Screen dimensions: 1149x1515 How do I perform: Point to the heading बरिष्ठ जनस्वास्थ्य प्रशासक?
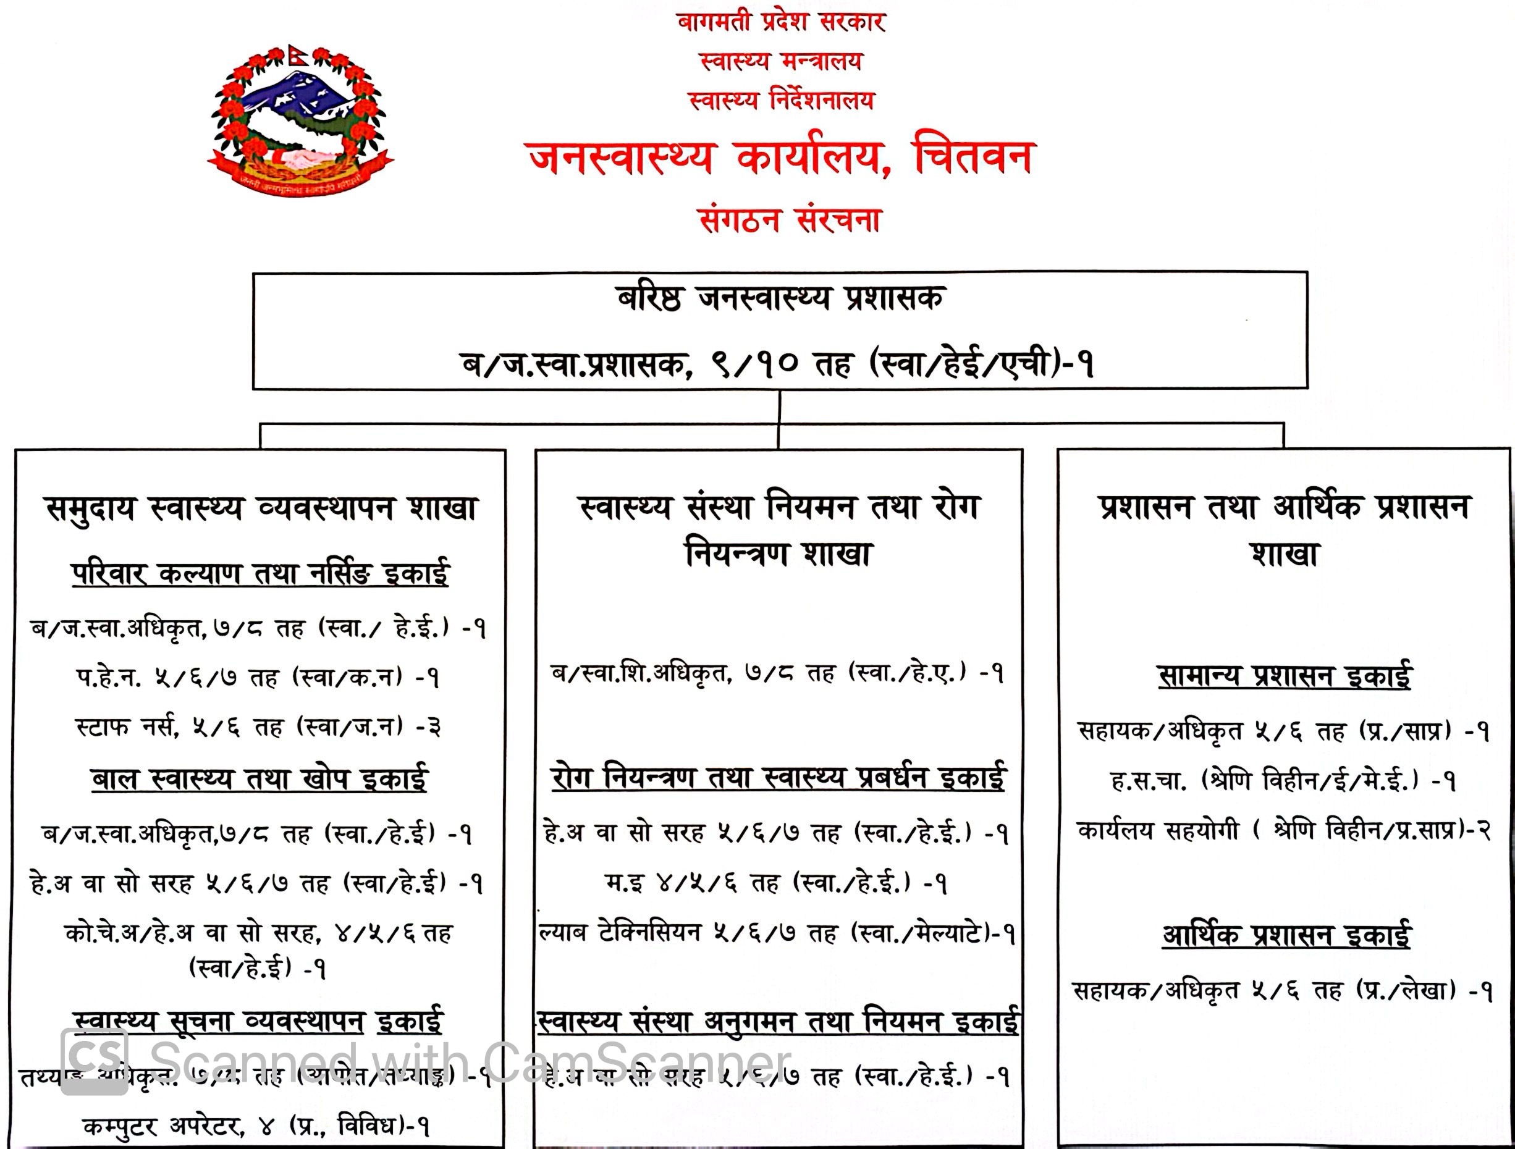[x=780, y=298]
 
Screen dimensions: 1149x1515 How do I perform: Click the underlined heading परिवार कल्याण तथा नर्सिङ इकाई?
[x=260, y=573]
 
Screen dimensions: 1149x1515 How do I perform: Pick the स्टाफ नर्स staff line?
[x=258, y=726]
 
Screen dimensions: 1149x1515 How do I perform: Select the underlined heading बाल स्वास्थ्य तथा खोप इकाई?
[x=259, y=779]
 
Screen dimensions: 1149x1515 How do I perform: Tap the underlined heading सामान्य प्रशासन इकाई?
[x=1284, y=676]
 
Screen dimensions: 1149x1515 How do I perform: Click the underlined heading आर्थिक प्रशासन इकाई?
[x=1286, y=935]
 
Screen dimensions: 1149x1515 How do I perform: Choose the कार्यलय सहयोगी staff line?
[x=1283, y=831]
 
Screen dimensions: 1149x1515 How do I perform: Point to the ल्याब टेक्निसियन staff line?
[x=777, y=933]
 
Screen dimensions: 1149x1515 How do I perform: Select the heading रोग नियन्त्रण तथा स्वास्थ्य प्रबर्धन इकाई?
[x=778, y=778]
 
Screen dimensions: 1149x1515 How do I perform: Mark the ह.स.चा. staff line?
[x=1283, y=781]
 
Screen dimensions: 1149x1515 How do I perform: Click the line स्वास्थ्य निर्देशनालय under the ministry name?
[x=781, y=101]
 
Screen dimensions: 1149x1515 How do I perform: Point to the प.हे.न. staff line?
[x=258, y=678]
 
